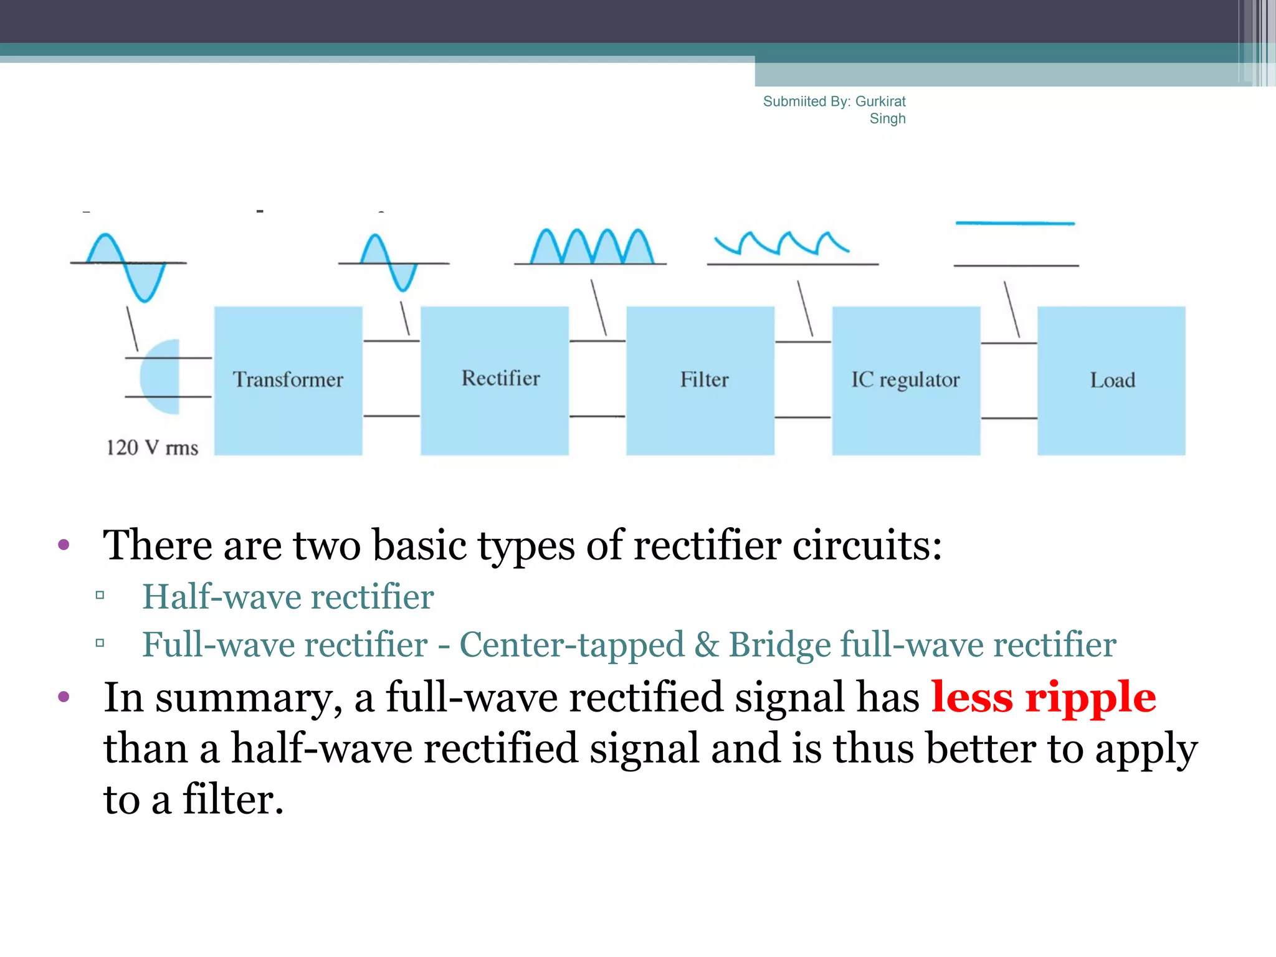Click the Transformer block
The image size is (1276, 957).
click(288, 380)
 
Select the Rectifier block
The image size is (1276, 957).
click(495, 380)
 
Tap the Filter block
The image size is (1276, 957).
click(700, 380)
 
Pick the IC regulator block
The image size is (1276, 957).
click(906, 380)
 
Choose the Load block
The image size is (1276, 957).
click(1112, 380)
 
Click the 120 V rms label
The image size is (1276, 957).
click(152, 447)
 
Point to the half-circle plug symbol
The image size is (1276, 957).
click(160, 377)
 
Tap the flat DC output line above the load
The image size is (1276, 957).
click(1015, 223)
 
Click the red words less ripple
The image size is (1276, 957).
click(1044, 697)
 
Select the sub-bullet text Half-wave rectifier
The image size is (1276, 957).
click(288, 597)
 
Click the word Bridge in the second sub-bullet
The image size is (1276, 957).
click(779, 645)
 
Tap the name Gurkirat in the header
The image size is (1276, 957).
click(880, 102)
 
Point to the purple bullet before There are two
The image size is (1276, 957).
click(64, 545)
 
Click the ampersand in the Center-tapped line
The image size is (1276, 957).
click(707, 645)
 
